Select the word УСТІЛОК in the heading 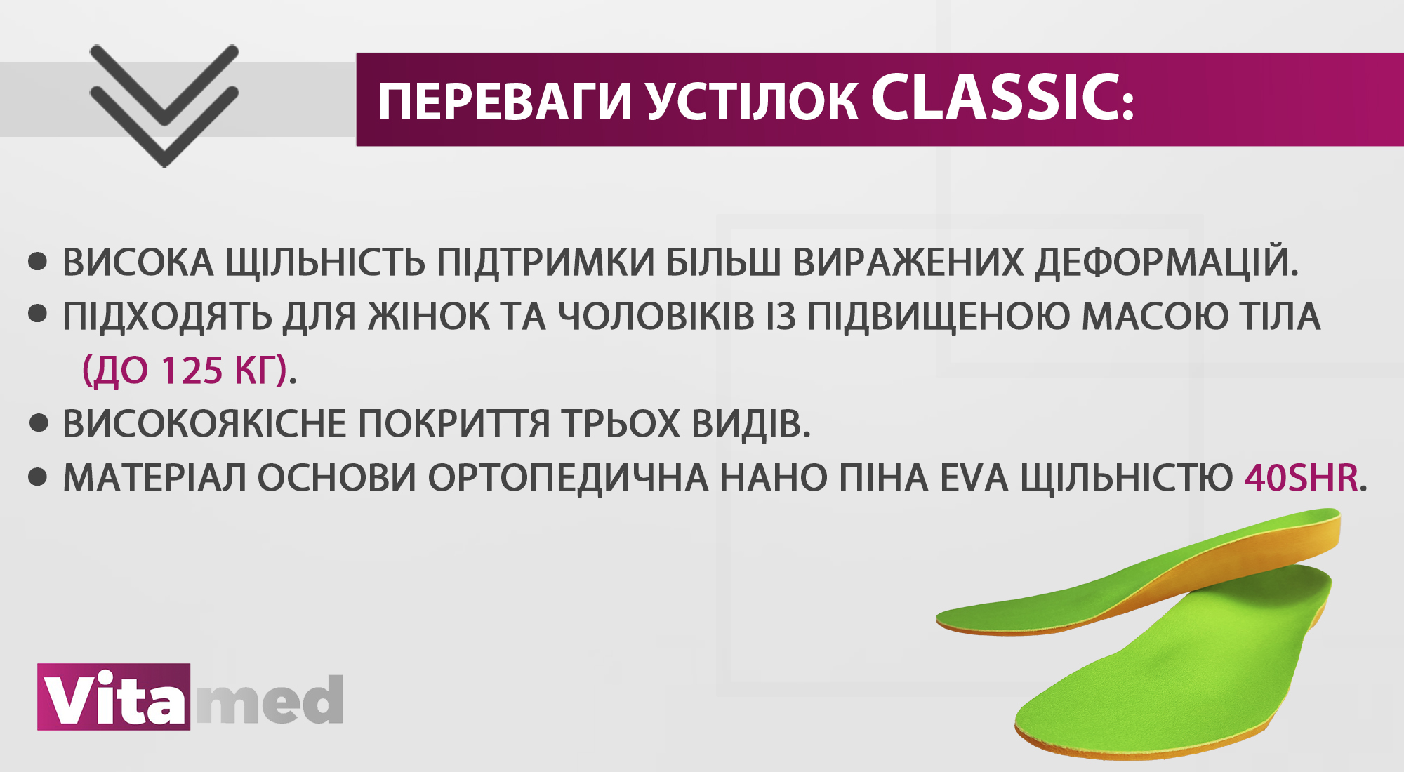(752, 102)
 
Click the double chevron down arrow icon (164, 105)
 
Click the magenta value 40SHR (1302, 478)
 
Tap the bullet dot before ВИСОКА (37, 262)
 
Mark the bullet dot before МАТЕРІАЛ (37, 478)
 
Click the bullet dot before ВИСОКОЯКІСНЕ (39, 424)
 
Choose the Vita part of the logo (114, 697)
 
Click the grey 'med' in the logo (270, 700)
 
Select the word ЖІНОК (429, 317)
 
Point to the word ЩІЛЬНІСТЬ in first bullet (325, 262)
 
